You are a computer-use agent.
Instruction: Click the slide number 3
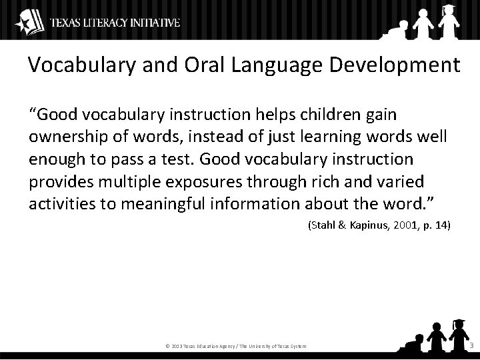click(x=471, y=345)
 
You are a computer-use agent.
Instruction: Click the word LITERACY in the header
click(x=99, y=23)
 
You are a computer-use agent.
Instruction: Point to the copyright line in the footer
click(x=235, y=346)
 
